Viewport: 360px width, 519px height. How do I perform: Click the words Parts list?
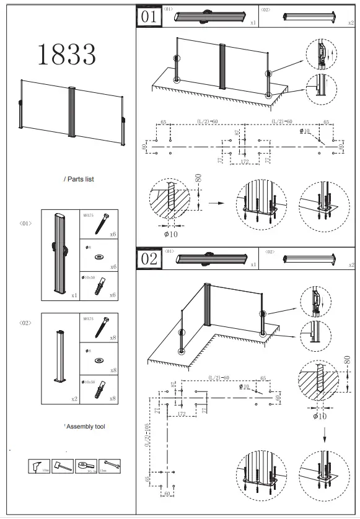(x=79, y=179)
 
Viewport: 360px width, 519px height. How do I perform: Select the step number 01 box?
(x=149, y=17)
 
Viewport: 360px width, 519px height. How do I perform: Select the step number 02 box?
(x=149, y=259)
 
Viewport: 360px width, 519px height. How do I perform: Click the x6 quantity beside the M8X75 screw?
(x=113, y=236)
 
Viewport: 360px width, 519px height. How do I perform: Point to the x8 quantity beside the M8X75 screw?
(x=113, y=340)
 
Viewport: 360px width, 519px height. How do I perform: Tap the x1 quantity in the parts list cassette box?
(x=74, y=295)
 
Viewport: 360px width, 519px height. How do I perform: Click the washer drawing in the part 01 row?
(x=98, y=256)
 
